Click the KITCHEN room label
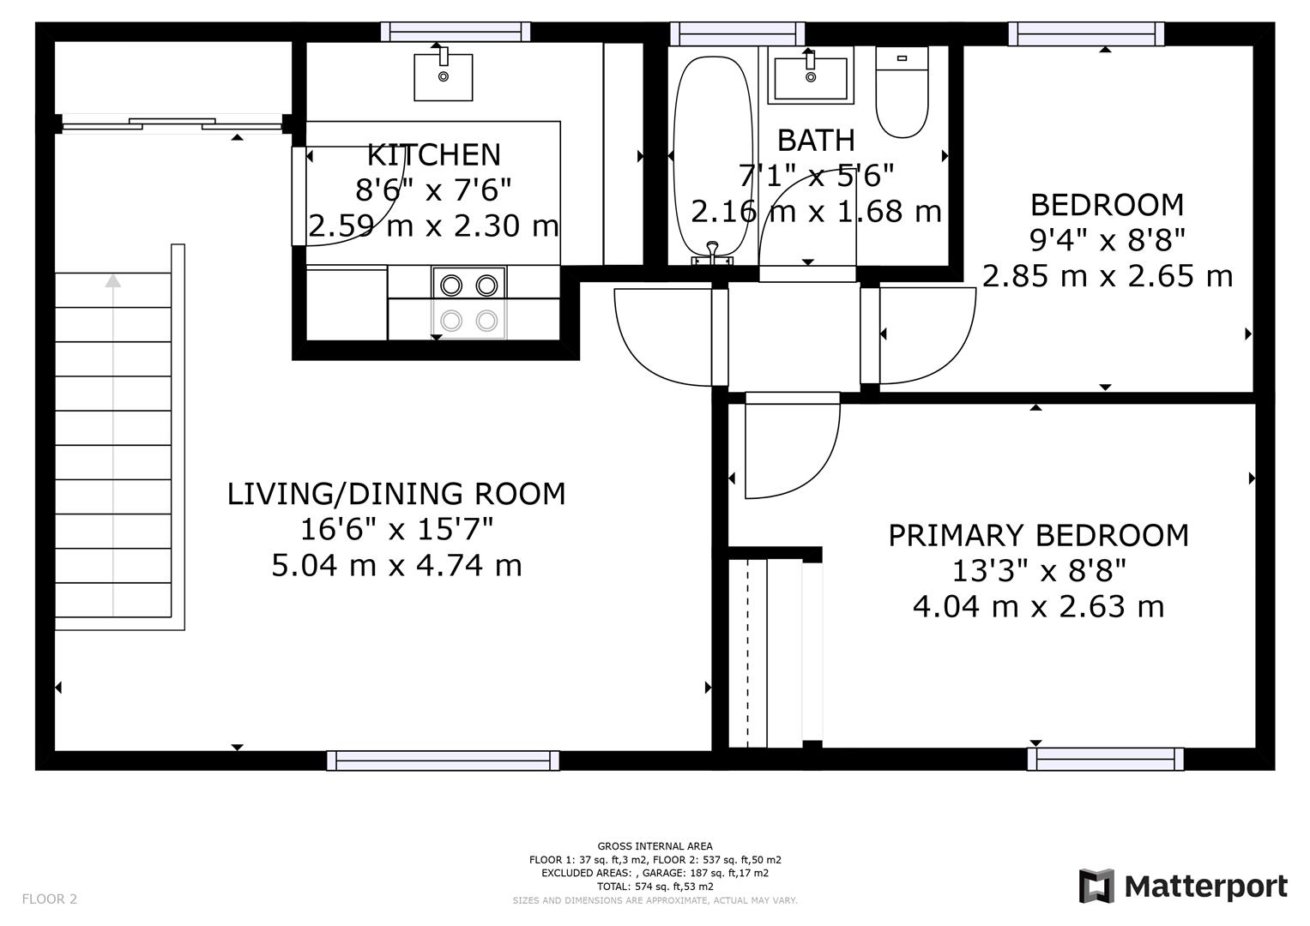click(x=433, y=155)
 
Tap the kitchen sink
click(x=443, y=76)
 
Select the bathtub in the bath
click(x=713, y=154)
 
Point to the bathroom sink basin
click(x=810, y=78)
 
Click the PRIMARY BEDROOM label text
click(x=1038, y=536)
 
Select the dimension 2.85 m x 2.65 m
click(x=1107, y=276)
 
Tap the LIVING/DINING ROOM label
click(x=396, y=494)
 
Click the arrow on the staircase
click(x=113, y=280)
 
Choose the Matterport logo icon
click(x=1096, y=886)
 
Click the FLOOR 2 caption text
click(x=50, y=899)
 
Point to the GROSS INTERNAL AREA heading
click(x=655, y=846)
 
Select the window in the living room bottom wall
click(x=443, y=761)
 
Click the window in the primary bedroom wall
click(x=1105, y=759)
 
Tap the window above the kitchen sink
click(x=455, y=33)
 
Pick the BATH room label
click(x=816, y=140)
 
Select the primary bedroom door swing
click(x=791, y=446)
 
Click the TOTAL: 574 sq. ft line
click(x=655, y=887)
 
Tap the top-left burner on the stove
click(x=451, y=284)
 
